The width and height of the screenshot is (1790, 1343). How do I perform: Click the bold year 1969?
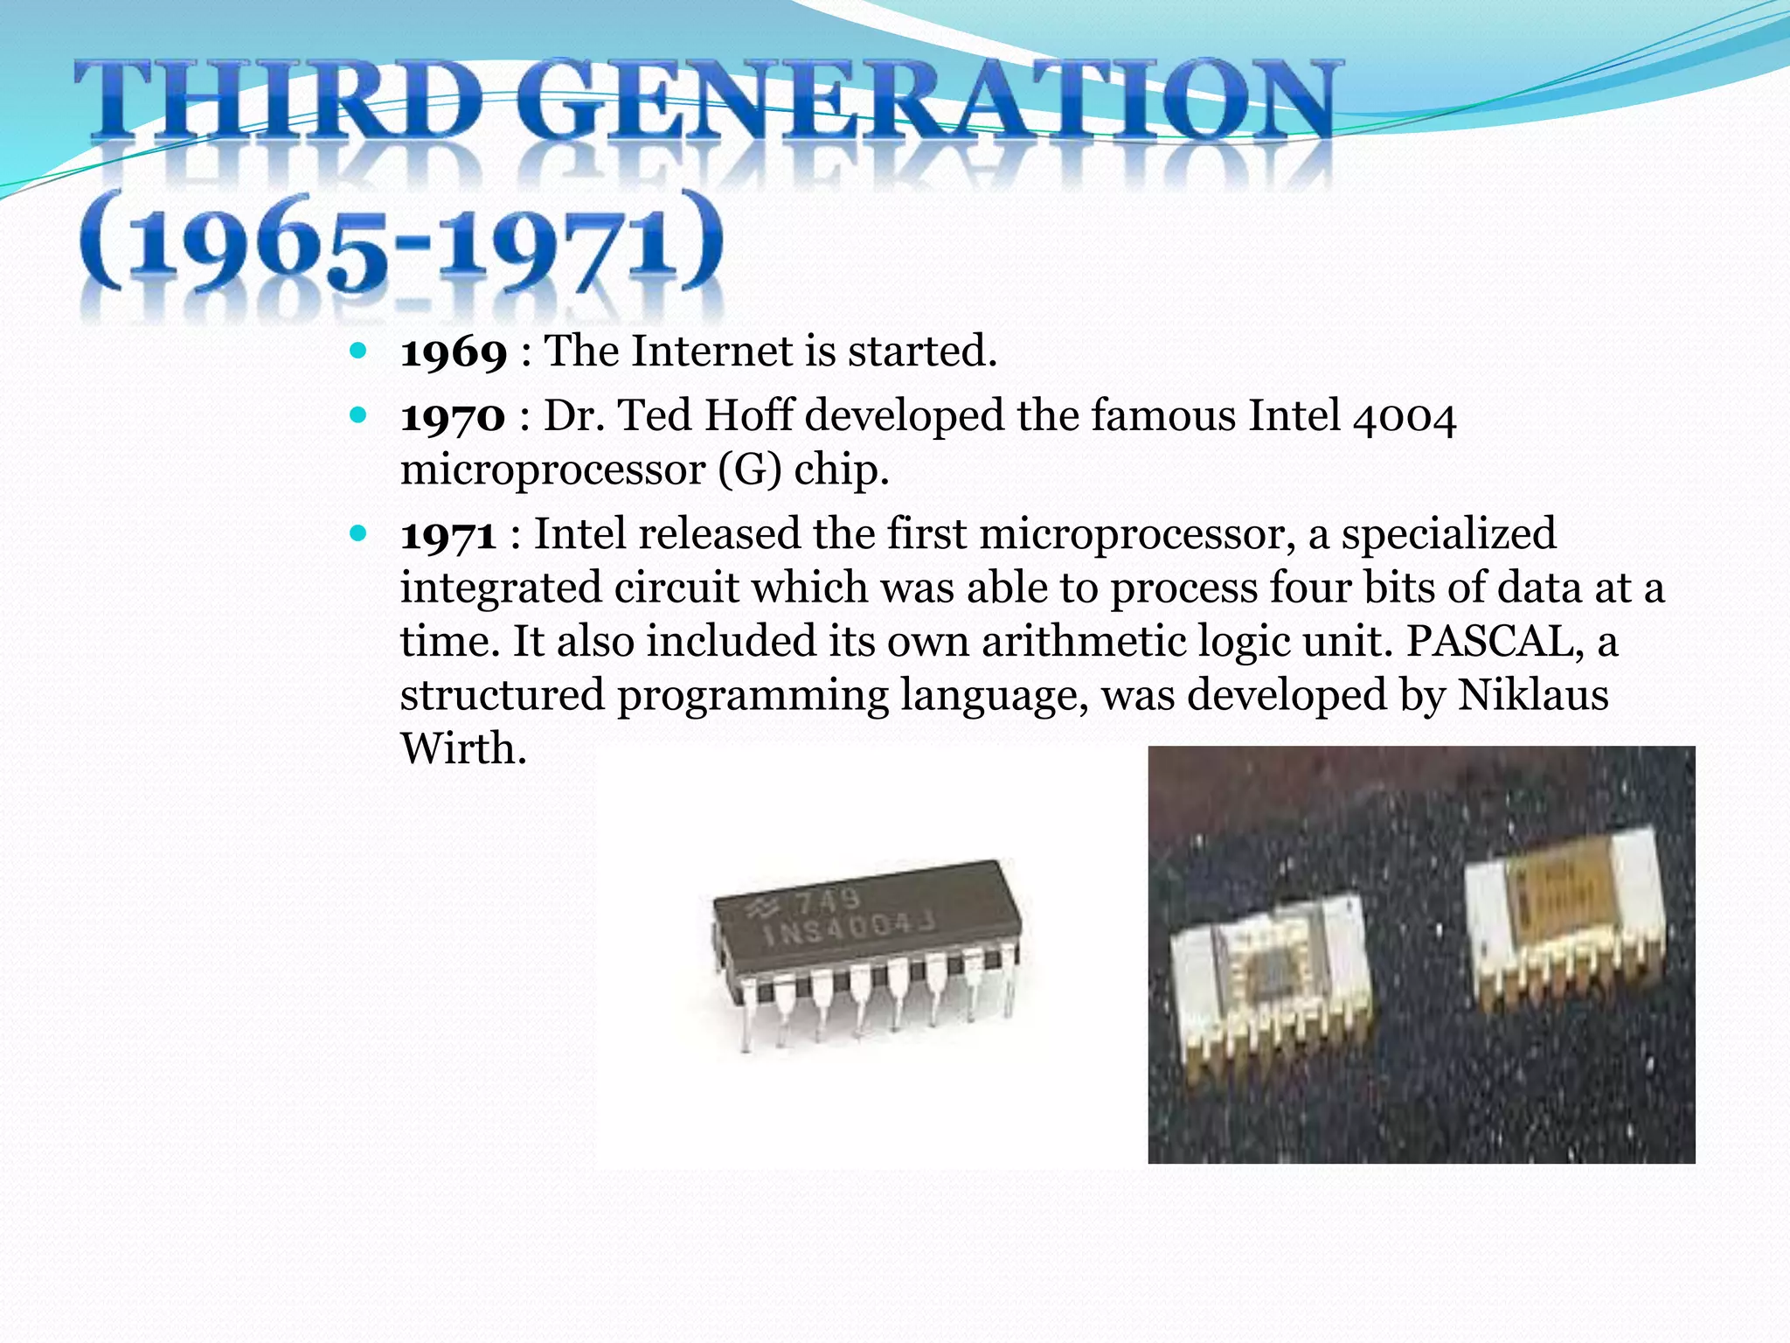tap(454, 352)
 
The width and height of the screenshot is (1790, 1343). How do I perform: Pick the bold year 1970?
tap(453, 417)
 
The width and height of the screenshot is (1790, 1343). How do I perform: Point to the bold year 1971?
tap(448, 535)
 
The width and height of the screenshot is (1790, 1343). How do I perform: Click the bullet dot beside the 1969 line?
tap(357, 351)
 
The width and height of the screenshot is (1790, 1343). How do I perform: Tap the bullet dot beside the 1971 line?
tap(357, 533)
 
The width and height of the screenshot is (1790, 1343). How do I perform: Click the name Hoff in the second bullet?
tap(748, 415)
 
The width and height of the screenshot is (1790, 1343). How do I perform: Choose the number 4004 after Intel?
tap(1404, 417)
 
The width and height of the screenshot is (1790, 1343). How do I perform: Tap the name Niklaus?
tap(1533, 696)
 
